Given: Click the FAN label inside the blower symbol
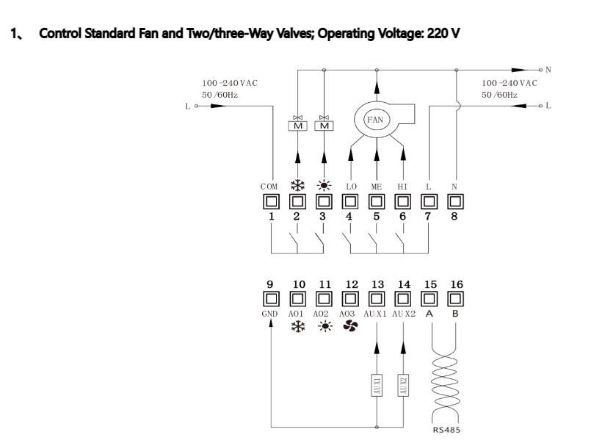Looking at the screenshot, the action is coord(375,120).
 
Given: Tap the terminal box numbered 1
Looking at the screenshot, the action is coord(271,202).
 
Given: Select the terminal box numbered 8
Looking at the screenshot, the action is coord(455,202).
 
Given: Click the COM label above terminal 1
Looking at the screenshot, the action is coord(269,187).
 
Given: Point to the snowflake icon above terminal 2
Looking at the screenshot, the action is coord(298,185).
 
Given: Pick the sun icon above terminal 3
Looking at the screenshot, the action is coord(324,185).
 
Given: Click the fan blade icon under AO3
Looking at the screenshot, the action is coord(350,326).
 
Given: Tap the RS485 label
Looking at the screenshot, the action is coord(446,430).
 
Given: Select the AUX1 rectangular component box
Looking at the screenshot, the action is coord(377,385).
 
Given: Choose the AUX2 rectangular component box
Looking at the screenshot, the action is coord(403,385).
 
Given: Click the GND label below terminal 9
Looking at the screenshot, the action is coord(269,314).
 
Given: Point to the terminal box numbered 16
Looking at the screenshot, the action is coord(455,299).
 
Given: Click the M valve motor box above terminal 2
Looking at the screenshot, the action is coord(298,126).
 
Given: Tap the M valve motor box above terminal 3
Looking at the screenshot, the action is coord(324,126).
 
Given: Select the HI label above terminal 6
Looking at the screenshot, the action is coord(402,187).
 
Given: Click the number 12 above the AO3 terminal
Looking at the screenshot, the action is coord(352,284).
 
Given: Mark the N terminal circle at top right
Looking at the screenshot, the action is coord(541,70).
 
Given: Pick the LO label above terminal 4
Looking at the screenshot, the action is coord(351,187).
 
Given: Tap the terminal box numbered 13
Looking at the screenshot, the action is coord(377,299).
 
